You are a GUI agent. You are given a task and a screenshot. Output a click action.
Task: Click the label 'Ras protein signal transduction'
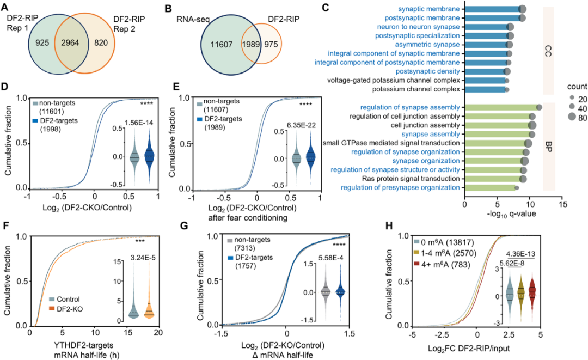coord(413,179)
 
